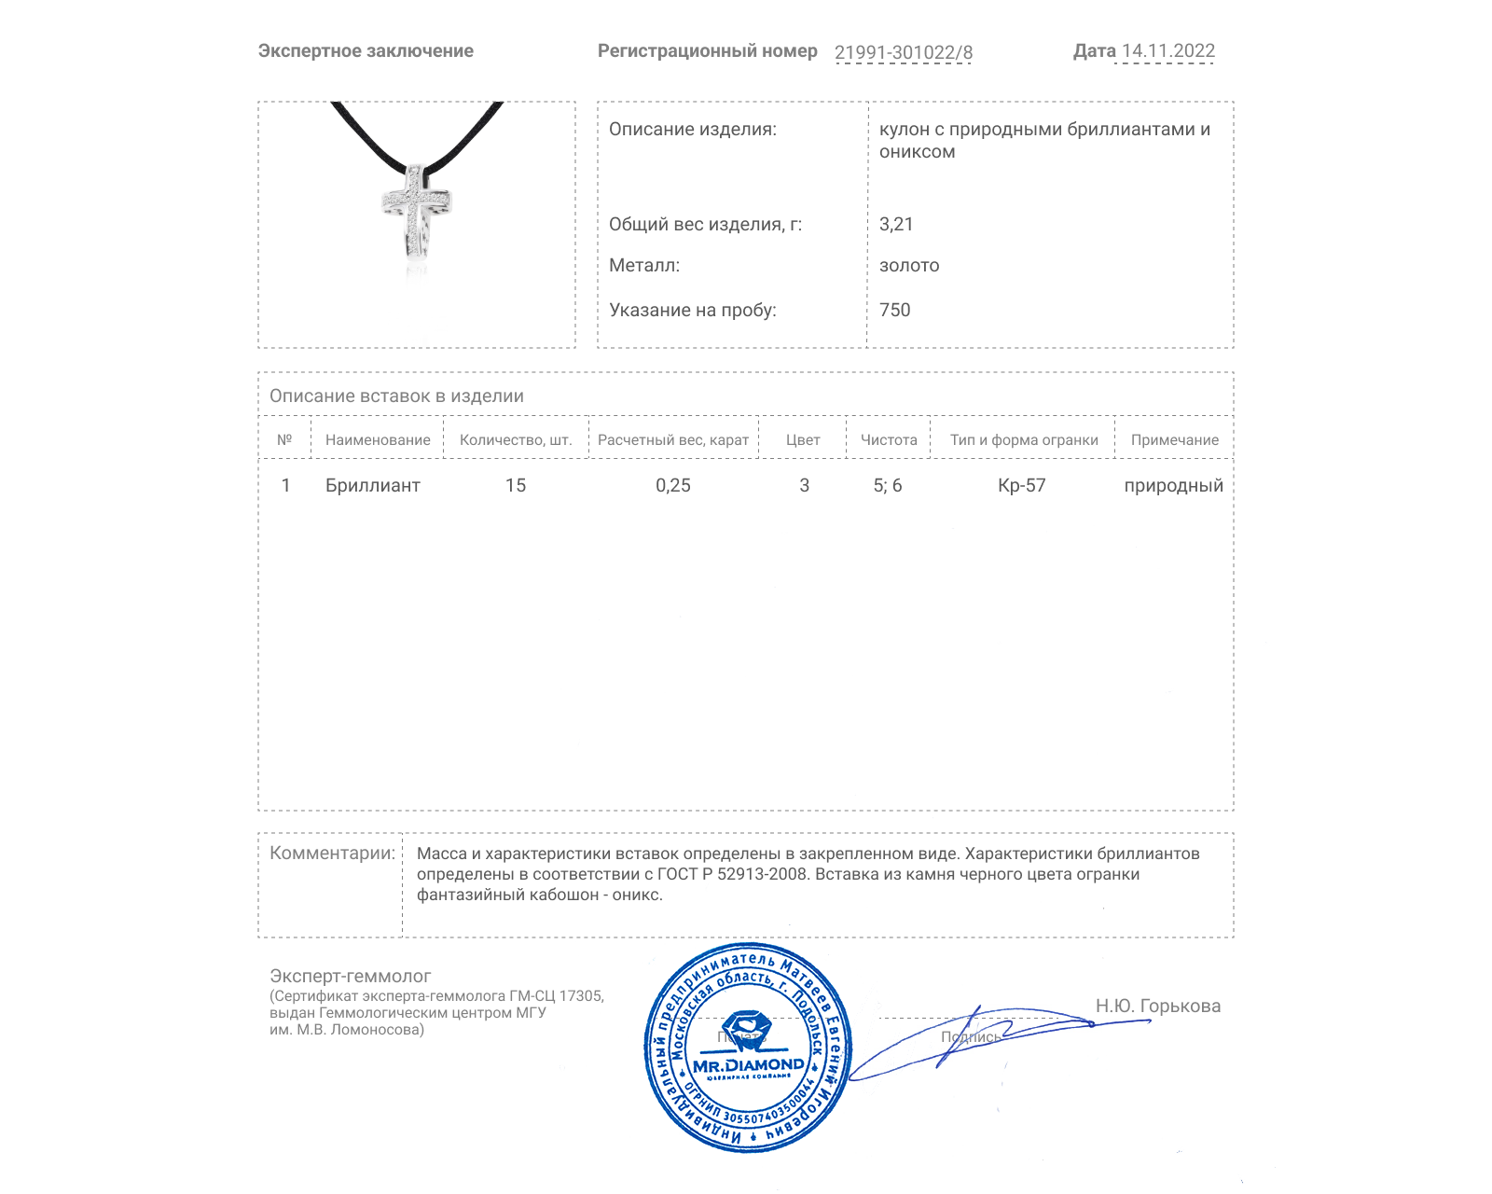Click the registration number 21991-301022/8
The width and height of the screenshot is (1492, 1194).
(903, 52)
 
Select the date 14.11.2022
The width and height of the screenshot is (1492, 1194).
(1167, 51)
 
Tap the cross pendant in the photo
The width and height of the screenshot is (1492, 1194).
(416, 210)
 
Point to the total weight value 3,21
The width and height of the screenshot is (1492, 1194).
(896, 224)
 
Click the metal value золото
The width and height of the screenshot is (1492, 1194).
(909, 265)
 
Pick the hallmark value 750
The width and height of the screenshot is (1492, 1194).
(894, 310)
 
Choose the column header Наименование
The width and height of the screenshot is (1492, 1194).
(378, 439)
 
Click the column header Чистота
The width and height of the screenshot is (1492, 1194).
(889, 439)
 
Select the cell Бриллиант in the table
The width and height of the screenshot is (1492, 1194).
(373, 485)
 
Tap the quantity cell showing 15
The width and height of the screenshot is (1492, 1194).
(516, 485)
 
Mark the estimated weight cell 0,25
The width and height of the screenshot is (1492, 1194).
(673, 485)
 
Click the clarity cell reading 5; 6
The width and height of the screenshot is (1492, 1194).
(888, 485)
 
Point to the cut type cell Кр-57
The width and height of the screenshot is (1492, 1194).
(1022, 485)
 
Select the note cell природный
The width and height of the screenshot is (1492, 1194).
(1173, 485)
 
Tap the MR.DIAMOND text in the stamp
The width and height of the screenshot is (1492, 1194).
(748, 1064)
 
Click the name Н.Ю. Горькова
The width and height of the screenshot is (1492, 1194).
(1157, 1006)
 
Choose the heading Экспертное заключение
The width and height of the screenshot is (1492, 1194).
(366, 51)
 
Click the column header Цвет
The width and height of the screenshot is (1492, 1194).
(803, 439)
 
